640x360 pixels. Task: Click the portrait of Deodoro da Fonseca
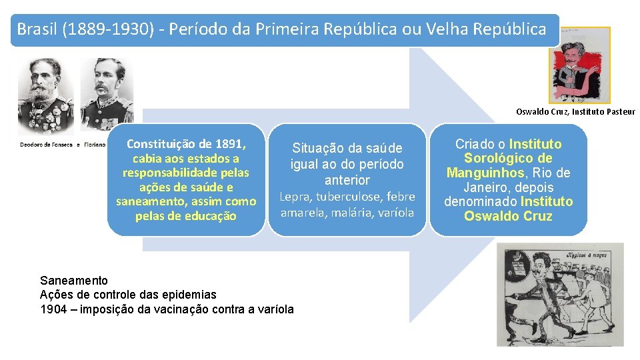pos(45,96)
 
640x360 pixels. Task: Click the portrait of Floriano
pos(107,96)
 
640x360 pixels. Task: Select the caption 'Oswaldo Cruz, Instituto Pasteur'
pos(575,112)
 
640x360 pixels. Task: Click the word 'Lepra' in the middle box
pos(294,197)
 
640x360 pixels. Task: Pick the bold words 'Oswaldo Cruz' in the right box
pos(508,216)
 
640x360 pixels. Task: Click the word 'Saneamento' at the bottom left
pos(74,280)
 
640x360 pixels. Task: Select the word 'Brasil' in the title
pos(37,29)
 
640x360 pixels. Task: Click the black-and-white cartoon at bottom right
pos(560,294)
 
